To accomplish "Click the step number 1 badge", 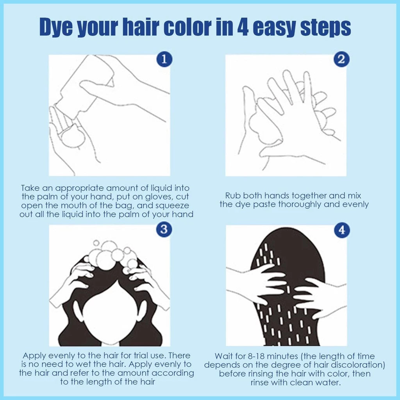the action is click(x=164, y=59).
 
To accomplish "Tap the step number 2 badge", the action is click(x=341, y=59).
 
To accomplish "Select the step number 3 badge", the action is click(x=164, y=229).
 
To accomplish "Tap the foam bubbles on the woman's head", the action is click(x=112, y=255).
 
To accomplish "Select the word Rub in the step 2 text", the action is click(x=233, y=196).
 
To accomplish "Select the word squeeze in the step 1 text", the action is click(x=172, y=206).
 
